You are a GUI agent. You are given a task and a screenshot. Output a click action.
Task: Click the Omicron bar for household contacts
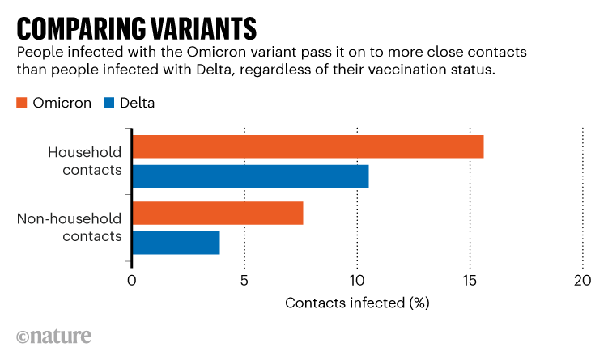pos(308,147)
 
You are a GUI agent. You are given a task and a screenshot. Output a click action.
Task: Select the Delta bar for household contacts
pos(250,176)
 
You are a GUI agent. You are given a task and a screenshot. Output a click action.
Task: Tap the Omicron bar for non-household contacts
pos(217,214)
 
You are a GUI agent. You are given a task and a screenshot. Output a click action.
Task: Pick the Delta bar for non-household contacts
pos(176,243)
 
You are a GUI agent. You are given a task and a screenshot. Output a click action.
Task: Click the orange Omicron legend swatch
pos(22,103)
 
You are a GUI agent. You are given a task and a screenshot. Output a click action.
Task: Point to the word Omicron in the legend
pos(62,103)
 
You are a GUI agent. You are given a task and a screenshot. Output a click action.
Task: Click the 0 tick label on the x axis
pos(131,281)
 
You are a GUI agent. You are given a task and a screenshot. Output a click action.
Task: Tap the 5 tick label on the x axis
pos(244,281)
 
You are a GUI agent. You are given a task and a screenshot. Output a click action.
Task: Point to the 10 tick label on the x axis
pos(356,281)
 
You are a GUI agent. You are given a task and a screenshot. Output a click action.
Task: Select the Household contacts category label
pos(84,161)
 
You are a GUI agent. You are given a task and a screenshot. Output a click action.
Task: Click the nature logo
pos(53,337)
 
